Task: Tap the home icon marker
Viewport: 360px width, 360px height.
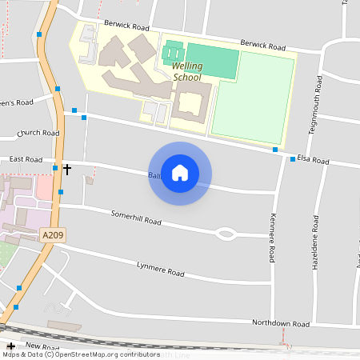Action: coord(180,173)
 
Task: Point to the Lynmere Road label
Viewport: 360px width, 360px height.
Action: coord(160,270)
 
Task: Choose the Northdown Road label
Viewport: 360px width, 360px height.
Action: coord(280,324)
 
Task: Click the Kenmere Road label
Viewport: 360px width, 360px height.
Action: coord(272,238)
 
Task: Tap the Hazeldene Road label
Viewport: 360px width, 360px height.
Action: coord(316,240)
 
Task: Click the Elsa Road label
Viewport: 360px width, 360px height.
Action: coord(313,161)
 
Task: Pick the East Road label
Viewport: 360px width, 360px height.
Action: coord(27,159)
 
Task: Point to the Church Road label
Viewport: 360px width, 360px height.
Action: coord(38,133)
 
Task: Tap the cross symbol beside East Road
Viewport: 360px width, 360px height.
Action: coord(67,169)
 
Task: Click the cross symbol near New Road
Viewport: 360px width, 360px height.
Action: coord(10,346)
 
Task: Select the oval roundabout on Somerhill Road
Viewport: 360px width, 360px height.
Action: coord(226,234)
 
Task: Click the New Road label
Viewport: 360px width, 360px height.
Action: coord(42,347)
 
